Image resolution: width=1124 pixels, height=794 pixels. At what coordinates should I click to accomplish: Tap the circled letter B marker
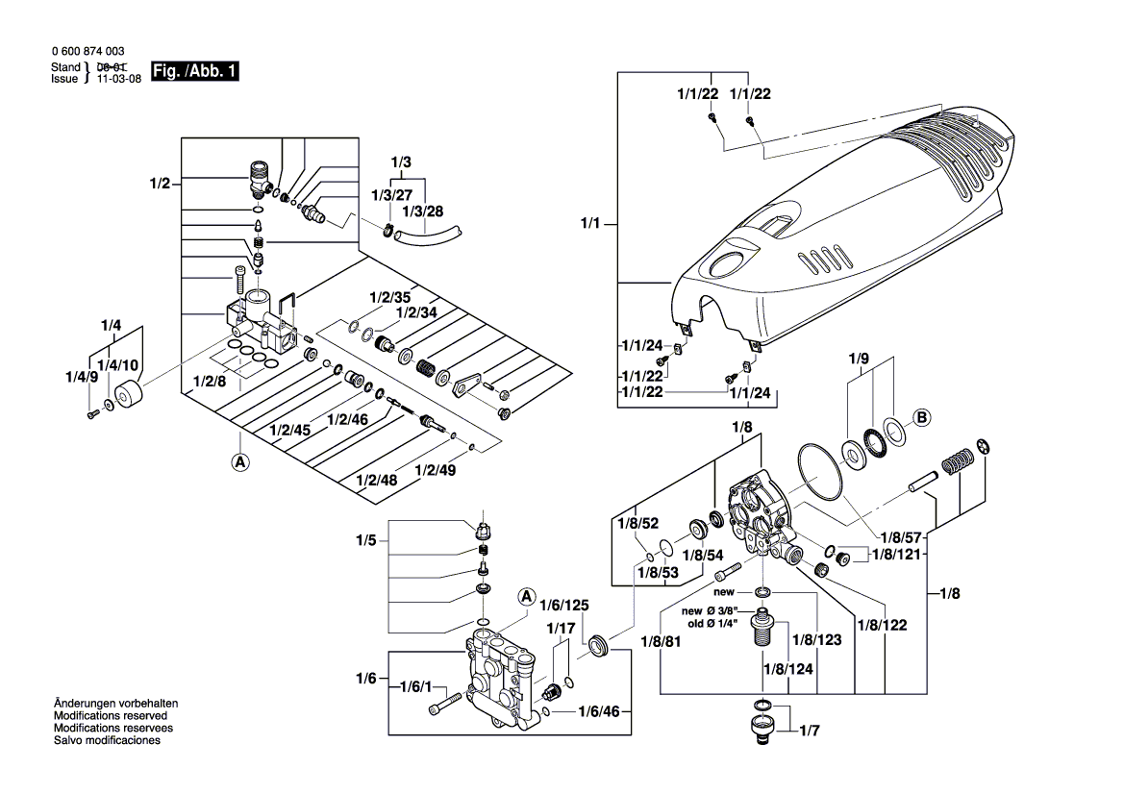pos(921,417)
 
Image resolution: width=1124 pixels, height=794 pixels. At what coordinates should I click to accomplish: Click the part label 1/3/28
pos(423,211)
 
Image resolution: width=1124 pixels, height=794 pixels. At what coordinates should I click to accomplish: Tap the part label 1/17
pos(561,628)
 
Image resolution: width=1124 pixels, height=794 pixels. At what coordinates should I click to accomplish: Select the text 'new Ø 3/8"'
pos(710,611)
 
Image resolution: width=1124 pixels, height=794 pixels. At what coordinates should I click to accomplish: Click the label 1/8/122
pos(882,625)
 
